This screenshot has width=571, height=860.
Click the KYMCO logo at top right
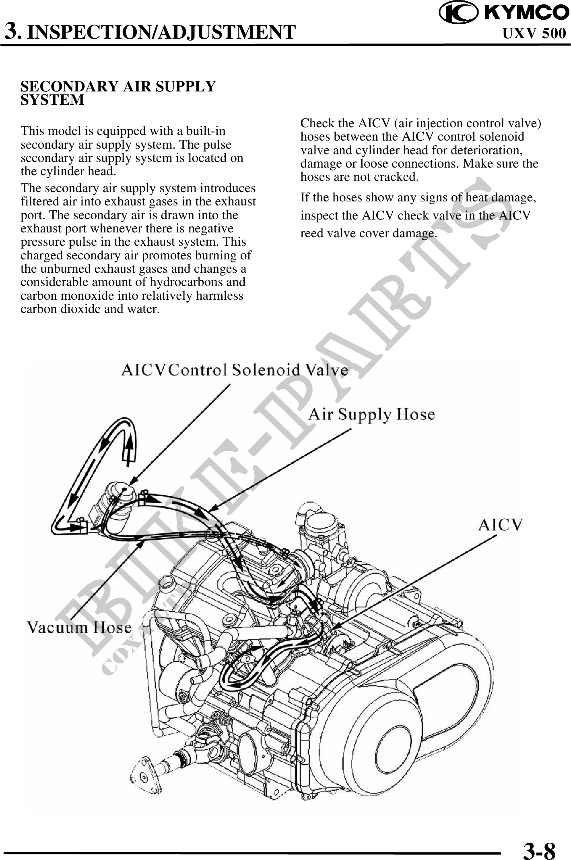click(504, 13)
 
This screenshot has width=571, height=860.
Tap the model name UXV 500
click(534, 33)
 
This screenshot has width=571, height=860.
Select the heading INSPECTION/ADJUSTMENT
click(163, 32)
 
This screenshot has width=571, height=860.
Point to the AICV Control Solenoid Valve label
click(235, 369)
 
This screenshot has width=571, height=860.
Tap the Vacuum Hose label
click(79, 627)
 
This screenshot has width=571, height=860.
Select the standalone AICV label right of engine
click(500, 525)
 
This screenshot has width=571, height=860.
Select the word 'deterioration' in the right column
click(485, 150)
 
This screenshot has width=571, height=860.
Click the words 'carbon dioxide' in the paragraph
click(61, 309)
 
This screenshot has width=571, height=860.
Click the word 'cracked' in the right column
click(396, 177)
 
